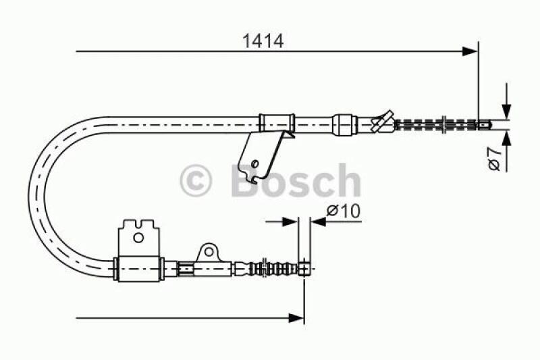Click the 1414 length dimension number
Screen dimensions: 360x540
(263, 40)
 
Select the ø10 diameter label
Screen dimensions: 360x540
(344, 211)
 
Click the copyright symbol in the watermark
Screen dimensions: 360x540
(196, 182)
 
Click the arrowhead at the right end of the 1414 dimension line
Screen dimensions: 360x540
(470, 51)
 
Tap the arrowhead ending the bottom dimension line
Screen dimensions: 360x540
(296, 316)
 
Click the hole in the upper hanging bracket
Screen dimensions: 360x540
(254, 163)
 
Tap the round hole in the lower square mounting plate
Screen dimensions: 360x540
(138, 237)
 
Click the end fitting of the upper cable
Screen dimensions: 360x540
(484, 124)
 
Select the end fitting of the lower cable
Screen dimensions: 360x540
(305, 269)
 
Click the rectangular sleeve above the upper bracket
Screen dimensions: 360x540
(277, 124)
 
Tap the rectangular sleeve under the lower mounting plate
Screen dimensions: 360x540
(140, 269)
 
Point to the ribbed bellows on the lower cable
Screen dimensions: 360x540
(273, 269)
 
